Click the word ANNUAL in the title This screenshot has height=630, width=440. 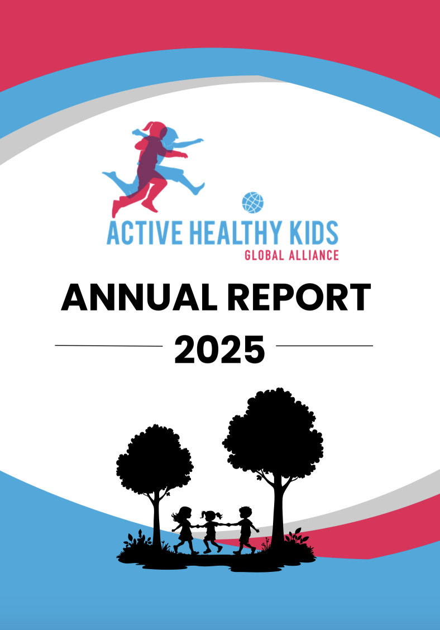139,297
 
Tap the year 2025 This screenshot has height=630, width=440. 220,350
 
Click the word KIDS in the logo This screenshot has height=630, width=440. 313,233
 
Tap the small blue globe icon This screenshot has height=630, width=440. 253,203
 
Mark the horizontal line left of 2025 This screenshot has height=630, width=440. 109,346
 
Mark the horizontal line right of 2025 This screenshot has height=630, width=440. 324,346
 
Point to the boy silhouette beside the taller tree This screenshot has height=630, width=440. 245,531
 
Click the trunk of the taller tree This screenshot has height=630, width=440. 278,514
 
